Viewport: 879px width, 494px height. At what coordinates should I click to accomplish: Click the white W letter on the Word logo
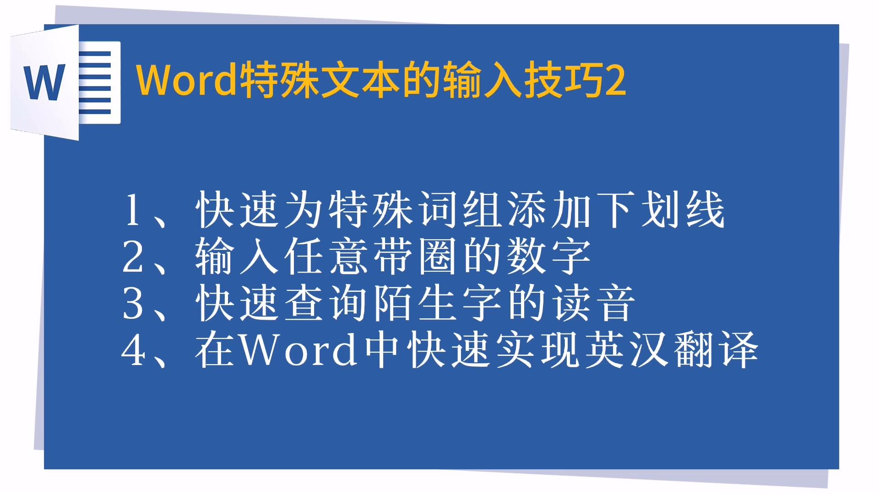point(44,82)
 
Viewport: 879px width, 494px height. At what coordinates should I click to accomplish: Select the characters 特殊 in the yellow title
point(279,81)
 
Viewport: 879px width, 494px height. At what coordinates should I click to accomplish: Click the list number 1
point(132,210)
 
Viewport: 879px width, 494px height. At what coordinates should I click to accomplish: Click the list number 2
point(132,257)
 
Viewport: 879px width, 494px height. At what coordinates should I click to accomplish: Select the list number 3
point(132,304)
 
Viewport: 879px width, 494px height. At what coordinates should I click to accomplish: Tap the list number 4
point(132,350)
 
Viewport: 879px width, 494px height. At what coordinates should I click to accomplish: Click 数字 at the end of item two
point(549,257)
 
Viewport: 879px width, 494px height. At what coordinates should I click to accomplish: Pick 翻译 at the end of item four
point(716,350)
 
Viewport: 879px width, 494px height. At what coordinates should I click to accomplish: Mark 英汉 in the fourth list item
point(627,350)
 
